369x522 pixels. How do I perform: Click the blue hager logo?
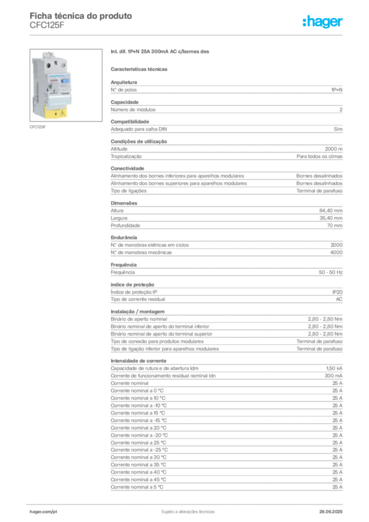click(323, 22)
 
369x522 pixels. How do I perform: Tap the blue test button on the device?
click(66, 81)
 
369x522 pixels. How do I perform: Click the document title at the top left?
click(82, 16)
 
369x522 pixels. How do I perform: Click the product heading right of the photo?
click(161, 53)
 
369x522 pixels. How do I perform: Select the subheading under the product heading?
click(141, 69)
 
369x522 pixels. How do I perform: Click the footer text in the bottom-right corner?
click(333, 509)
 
